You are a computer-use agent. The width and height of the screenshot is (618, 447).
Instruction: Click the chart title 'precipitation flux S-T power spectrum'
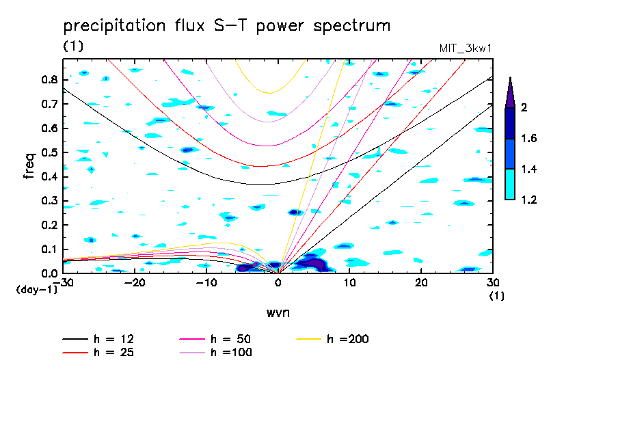[x=227, y=26]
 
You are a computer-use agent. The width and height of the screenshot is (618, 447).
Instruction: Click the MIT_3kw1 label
[x=465, y=49]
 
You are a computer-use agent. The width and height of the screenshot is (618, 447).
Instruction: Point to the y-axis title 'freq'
[x=29, y=166]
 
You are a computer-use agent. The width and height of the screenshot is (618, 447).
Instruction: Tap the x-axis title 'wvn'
[x=277, y=312]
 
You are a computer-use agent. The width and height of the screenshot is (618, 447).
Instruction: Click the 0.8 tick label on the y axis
[x=48, y=79]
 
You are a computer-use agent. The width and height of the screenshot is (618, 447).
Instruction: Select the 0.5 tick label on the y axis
[x=48, y=152]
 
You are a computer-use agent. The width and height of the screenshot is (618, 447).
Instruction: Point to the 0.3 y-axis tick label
[x=48, y=201]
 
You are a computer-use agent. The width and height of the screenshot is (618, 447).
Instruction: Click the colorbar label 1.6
[x=528, y=139]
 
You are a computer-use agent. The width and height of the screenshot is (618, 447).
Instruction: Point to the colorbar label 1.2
[x=528, y=200]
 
